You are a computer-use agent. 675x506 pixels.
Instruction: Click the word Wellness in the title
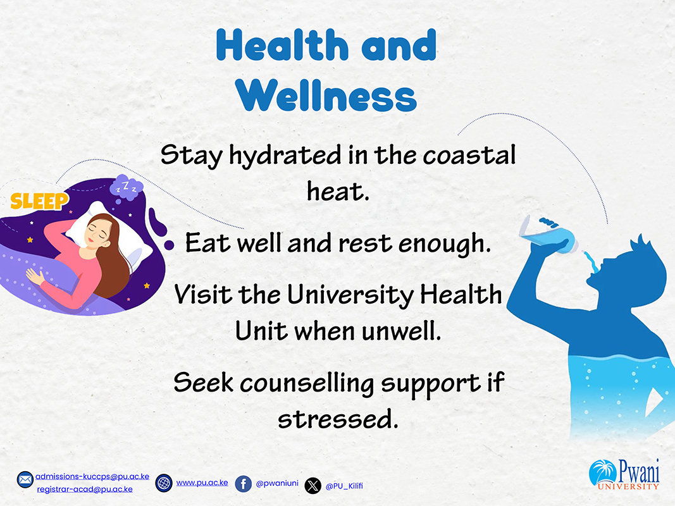tap(326, 96)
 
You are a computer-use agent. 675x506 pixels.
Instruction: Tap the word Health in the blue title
tap(282, 45)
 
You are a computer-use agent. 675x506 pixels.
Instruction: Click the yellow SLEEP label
tap(39, 201)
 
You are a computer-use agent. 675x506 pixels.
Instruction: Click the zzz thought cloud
tap(126, 188)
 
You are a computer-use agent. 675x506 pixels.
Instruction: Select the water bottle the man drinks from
tap(548, 235)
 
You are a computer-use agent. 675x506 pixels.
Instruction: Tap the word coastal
tap(469, 155)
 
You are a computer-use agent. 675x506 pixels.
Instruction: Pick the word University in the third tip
tap(350, 295)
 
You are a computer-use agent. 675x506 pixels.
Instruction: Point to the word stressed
tap(338, 419)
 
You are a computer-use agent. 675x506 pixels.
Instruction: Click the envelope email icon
tap(25, 479)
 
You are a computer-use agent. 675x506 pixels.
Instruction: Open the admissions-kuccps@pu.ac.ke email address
tap(92, 476)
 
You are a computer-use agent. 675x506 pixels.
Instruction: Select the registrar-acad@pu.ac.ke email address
tap(85, 489)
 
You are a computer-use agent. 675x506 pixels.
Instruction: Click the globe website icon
tap(164, 483)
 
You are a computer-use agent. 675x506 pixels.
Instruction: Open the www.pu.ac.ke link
tap(202, 483)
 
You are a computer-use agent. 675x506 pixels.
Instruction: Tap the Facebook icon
tap(243, 484)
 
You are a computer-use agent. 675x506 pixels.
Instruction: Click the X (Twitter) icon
tap(313, 486)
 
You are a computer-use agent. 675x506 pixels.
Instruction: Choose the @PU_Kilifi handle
tap(344, 486)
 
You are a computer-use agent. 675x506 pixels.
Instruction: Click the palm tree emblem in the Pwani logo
tap(602, 472)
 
